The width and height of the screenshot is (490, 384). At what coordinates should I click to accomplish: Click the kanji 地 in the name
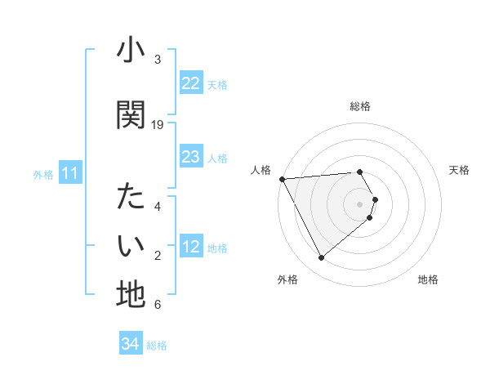coord(131,294)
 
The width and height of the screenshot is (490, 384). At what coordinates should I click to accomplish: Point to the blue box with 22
coord(190,83)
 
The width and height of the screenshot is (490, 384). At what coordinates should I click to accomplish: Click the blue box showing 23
coord(190,157)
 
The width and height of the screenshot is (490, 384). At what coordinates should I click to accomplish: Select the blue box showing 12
coord(190,248)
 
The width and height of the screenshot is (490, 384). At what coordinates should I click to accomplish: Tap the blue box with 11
coord(69,174)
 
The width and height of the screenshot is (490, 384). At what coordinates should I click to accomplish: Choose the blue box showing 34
coord(130,344)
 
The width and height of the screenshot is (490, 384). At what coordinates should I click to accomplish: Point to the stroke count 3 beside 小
coord(158,60)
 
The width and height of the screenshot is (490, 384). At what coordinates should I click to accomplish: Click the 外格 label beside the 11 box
coord(43,175)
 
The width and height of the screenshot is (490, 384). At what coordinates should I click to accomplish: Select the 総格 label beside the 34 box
coord(157,346)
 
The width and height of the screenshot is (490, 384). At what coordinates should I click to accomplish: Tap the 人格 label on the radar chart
coord(261,170)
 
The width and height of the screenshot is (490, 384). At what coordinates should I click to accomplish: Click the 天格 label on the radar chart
coord(459,170)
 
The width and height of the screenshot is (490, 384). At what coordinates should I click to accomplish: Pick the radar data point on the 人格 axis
coord(282,179)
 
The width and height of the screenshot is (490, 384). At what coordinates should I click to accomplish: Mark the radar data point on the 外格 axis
coord(321,258)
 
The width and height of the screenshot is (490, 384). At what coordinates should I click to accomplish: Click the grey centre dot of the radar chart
coord(360,204)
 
